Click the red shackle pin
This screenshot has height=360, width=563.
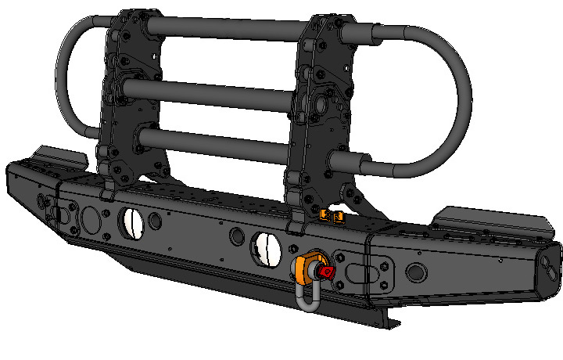[326, 272]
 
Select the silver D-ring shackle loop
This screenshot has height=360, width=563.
[306, 298]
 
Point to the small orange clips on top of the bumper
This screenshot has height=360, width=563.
[332, 214]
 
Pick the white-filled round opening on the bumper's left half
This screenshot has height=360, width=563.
[131, 223]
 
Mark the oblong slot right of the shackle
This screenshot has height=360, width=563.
[358, 275]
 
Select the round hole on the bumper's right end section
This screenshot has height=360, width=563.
[416, 272]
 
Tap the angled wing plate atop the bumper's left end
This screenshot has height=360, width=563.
[61, 156]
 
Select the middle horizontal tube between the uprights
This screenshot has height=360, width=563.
[207, 94]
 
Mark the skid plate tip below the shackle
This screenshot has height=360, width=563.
[389, 320]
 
